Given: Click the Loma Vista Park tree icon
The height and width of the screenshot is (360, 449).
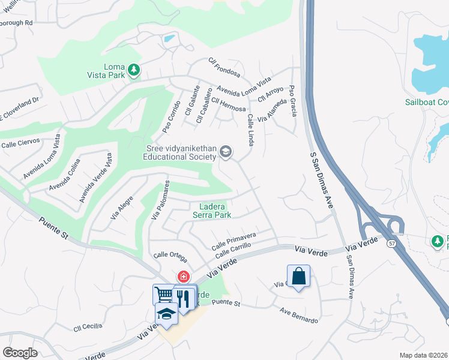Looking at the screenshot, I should tap(134, 71).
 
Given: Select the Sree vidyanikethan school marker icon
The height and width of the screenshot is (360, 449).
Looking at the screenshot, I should tap(226, 151).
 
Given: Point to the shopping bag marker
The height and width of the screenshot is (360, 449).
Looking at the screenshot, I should tap(298, 277).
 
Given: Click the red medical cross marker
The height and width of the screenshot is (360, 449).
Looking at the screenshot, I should tap(182, 277).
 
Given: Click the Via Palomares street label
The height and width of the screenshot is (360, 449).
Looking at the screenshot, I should tap(161, 199).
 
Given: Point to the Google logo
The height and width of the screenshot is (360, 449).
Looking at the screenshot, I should tap(20, 353).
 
